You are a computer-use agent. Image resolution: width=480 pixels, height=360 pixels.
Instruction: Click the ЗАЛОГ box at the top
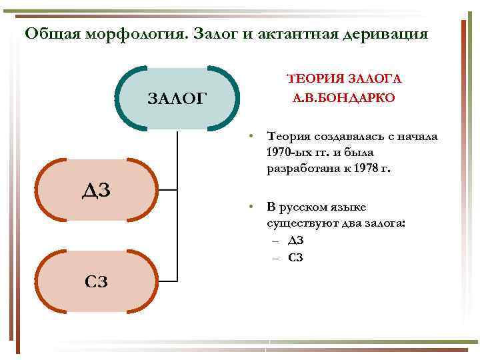(x=177, y=99)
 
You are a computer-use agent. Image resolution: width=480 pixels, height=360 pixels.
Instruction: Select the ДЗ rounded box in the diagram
(x=96, y=191)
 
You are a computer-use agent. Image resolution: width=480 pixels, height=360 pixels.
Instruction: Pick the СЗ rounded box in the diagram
(x=96, y=281)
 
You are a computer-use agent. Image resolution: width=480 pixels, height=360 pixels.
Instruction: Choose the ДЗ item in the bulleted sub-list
(x=296, y=240)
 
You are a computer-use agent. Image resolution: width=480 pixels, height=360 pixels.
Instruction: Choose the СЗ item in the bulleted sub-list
(x=296, y=257)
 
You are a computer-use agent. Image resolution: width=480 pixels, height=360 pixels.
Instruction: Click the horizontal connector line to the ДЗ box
(x=168, y=191)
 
